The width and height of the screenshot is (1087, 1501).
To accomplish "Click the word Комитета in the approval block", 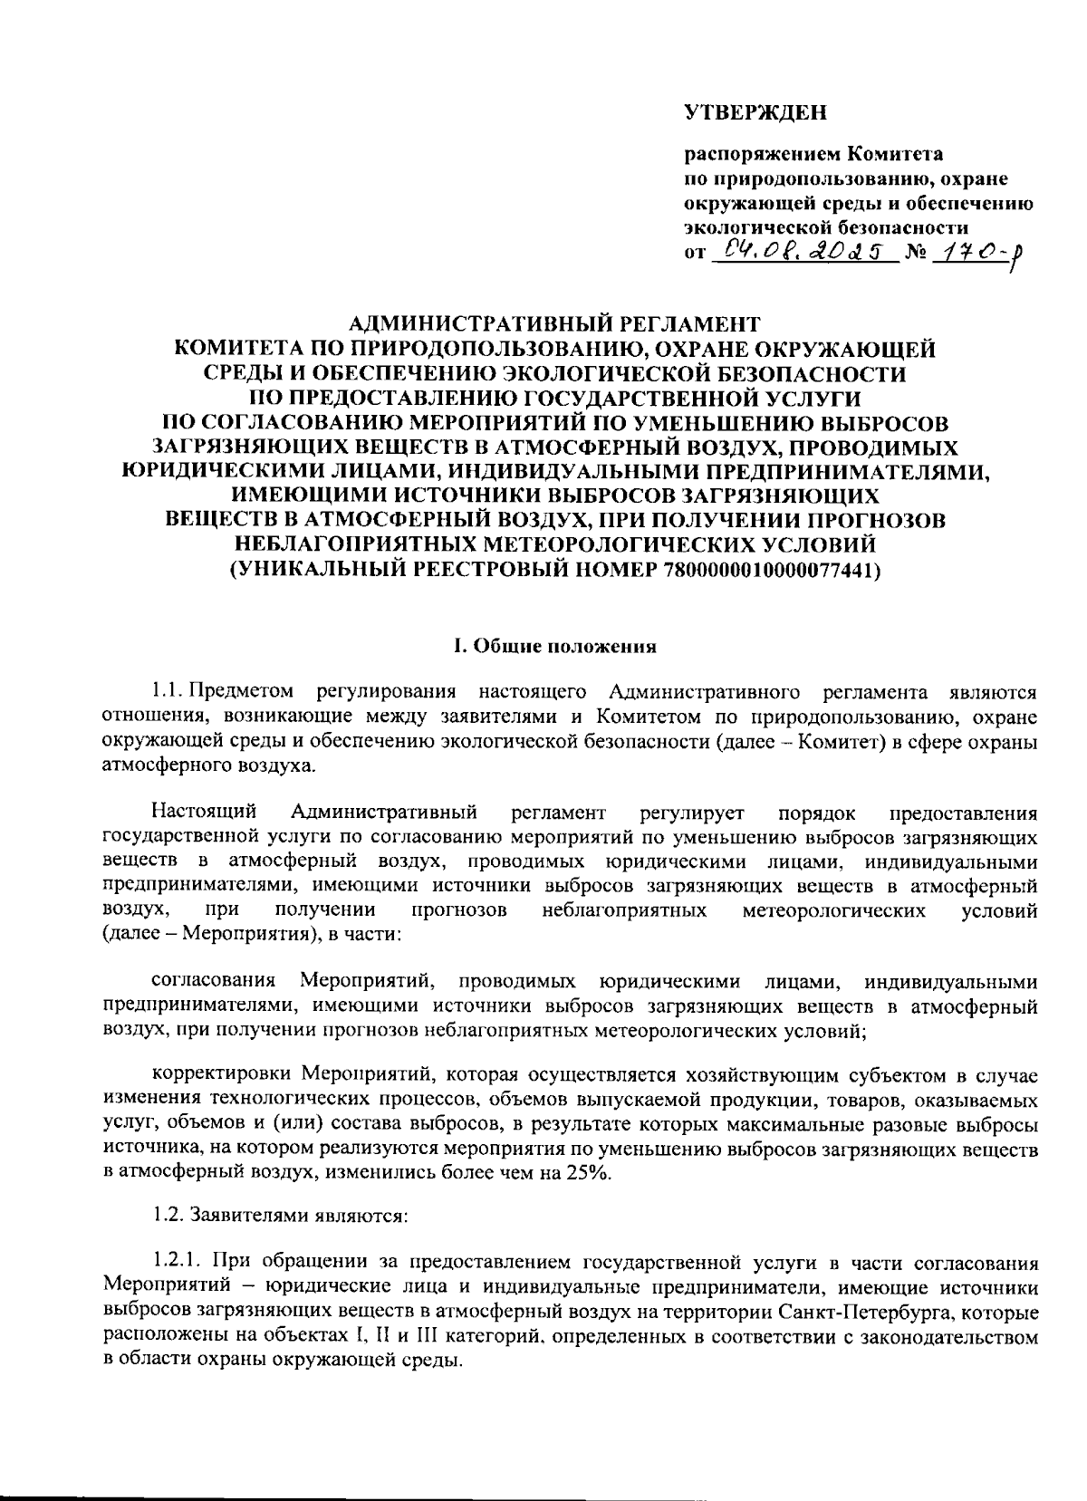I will [895, 153].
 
